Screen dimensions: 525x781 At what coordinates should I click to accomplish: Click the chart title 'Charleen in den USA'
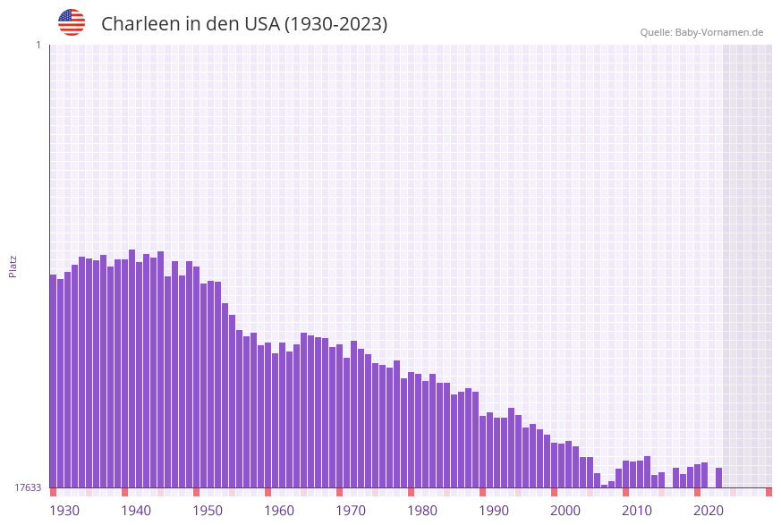point(244,24)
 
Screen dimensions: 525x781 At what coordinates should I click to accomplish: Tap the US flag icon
point(72,22)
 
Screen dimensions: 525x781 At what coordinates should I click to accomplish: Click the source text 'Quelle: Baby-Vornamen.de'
point(701,32)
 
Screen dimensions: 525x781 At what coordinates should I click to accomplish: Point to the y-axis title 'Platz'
point(13,266)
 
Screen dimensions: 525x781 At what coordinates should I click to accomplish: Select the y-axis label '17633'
point(28,487)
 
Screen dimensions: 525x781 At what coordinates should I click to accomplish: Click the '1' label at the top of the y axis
point(38,45)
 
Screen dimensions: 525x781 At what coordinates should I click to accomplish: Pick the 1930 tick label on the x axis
point(64,511)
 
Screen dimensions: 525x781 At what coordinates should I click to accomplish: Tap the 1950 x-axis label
point(208,511)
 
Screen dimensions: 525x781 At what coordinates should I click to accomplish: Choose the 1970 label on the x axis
point(351,511)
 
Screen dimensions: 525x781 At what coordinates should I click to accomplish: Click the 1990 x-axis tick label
point(494,511)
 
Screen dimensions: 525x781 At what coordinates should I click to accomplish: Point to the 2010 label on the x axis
point(637,511)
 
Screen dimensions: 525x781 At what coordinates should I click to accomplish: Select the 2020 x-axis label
point(709,511)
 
